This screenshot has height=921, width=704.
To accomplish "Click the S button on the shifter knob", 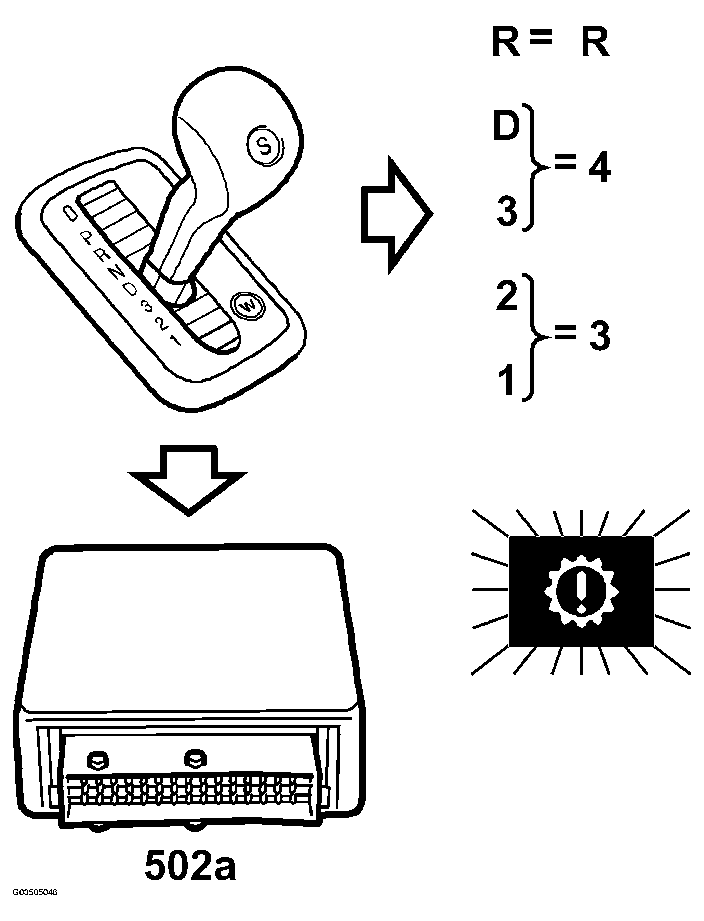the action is pyautogui.click(x=264, y=145).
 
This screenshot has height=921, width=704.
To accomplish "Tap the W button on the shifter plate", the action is pyautogui.click(x=248, y=307).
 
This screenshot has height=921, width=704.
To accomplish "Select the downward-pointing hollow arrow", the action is pyautogui.click(x=187, y=481).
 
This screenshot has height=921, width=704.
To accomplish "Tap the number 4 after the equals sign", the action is pyautogui.click(x=600, y=169).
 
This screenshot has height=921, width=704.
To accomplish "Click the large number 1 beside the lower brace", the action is pyautogui.click(x=507, y=379).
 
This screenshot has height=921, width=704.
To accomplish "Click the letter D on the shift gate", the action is pyautogui.click(x=131, y=290).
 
